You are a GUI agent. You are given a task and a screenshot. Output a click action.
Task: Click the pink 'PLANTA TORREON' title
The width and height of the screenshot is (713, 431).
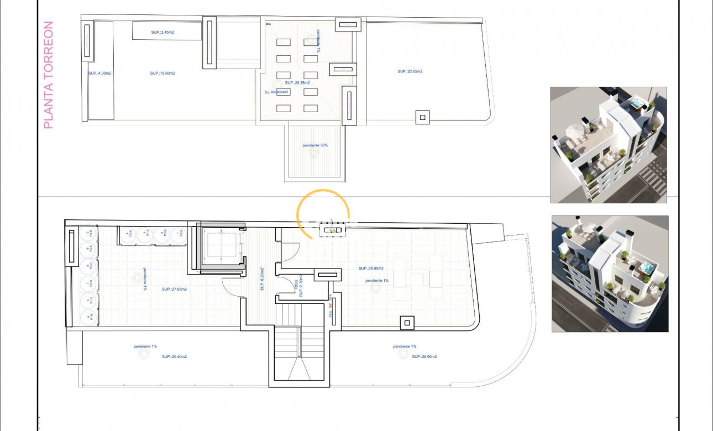[49, 75]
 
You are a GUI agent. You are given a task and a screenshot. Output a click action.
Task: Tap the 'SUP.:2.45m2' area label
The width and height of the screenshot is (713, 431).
[162, 32]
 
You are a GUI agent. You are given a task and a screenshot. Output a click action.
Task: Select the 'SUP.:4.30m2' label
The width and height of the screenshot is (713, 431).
[100, 72]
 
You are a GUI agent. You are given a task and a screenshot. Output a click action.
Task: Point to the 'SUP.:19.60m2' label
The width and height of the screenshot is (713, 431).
[162, 72]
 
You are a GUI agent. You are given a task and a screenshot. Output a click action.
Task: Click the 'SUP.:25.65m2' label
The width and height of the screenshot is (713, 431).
[410, 71]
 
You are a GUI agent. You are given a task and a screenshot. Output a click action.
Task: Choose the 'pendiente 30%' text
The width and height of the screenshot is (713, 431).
[315, 145]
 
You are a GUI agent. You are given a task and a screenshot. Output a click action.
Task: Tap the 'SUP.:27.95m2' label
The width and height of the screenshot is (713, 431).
[174, 289]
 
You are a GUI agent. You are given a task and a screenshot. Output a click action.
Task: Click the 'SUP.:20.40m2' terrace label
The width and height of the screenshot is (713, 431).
[174, 357]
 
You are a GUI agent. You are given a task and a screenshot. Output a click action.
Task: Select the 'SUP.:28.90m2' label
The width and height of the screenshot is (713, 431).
[424, 357]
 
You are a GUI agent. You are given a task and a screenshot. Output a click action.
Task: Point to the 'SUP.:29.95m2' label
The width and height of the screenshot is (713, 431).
[370, 269]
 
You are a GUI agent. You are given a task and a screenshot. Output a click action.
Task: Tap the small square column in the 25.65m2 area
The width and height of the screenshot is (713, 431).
[422, 117]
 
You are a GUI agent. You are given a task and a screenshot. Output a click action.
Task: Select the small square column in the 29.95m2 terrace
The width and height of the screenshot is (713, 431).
[407, 322]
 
